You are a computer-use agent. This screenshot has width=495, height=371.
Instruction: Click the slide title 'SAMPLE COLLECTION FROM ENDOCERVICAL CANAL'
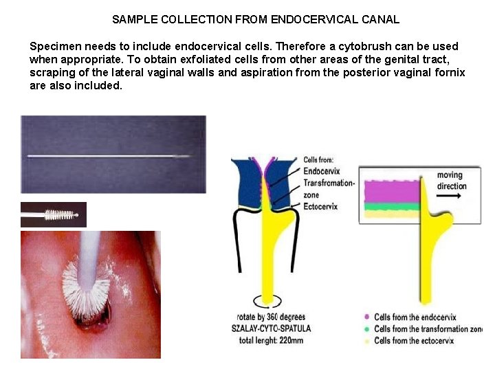[256, 19]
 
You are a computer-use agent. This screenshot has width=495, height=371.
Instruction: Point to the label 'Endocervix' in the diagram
[321, 171]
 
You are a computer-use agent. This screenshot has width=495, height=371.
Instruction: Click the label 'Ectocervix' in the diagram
[320, 206]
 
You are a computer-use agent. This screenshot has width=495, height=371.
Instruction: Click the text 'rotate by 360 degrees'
[270, 317]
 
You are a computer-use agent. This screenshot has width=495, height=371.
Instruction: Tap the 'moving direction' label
[451, 181]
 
